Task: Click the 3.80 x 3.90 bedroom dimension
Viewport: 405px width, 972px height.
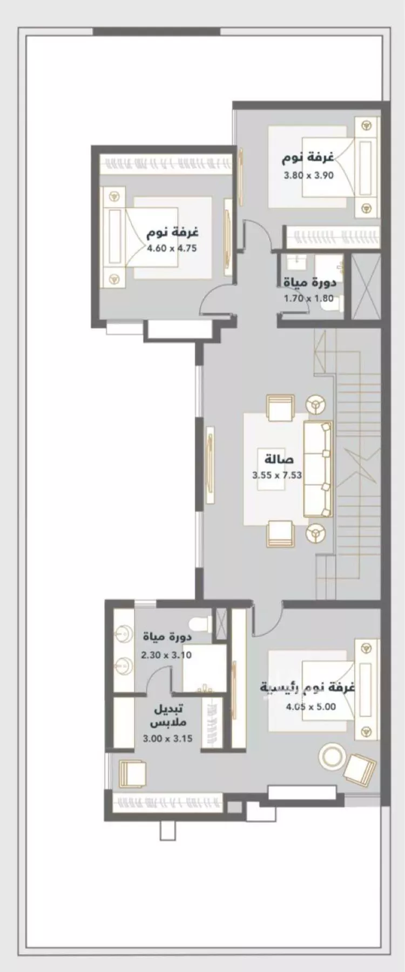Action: coord(309,175)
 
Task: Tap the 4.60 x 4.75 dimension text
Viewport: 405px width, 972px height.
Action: coord(172,249)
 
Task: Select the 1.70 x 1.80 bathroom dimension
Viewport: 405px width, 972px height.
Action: coord(309,298)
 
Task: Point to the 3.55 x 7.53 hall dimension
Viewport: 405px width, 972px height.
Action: coord(276,475)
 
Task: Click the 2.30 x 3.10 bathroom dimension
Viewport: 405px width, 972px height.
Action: coord(166,655)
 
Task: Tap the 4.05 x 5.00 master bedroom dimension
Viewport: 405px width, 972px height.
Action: coord(311,706)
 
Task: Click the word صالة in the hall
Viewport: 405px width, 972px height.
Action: coord(279,460)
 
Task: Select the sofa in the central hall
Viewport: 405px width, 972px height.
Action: coord(318,469)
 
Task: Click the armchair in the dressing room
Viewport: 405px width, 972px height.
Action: coord(131,775)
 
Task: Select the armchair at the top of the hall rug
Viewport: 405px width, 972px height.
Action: coord(280,409)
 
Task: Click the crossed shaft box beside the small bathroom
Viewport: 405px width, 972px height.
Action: coord(365,289)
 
